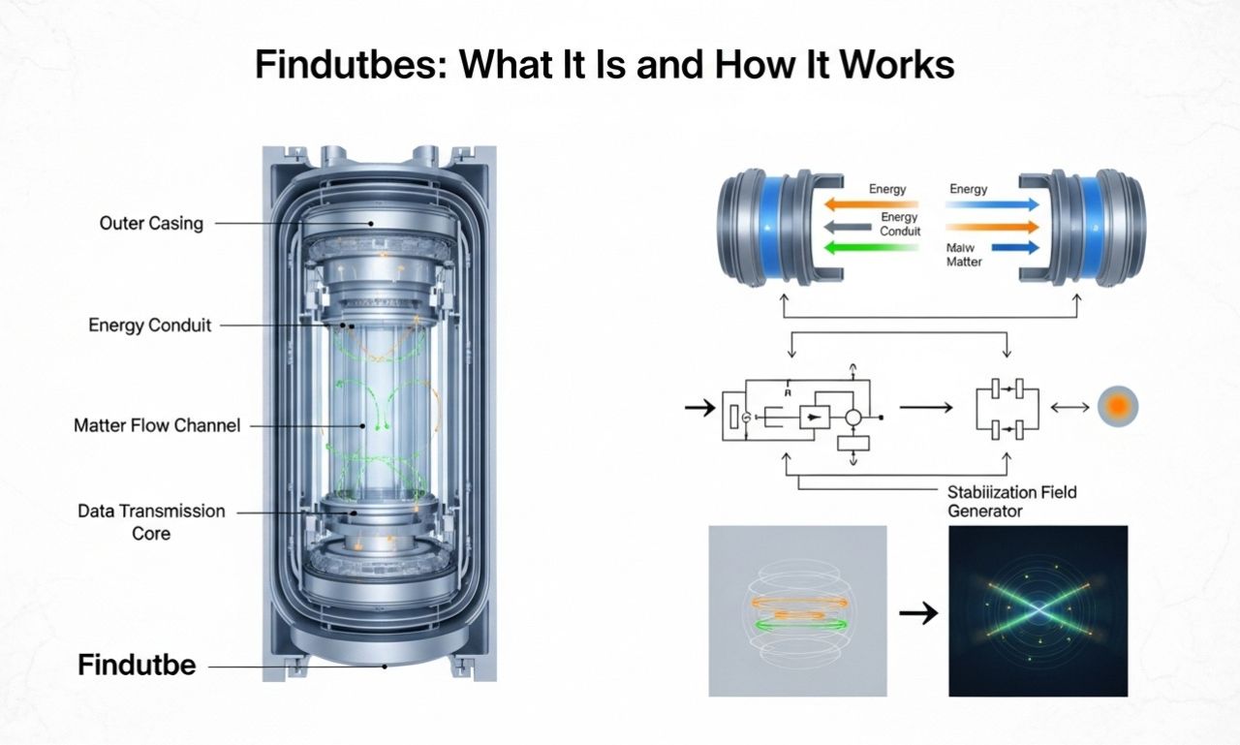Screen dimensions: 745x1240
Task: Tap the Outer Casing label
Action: point(151,224)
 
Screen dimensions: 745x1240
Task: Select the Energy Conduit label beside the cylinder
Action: point(149,326)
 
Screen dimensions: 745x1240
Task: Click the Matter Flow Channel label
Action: point(157,425)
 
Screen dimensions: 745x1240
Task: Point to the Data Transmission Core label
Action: point(151,521)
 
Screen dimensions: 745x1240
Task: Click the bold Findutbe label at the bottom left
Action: point(137,666)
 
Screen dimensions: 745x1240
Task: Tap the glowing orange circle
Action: point(1118,407)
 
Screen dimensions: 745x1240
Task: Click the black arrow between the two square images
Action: point(917,612)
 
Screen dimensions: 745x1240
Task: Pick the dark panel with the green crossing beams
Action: point(1038,610)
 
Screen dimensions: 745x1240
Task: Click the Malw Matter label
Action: point(963,255)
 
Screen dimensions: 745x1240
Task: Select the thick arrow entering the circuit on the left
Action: point(698,408)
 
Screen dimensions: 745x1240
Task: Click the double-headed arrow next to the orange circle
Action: point(1069,408)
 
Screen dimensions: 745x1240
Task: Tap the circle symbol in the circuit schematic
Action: point(852,418)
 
